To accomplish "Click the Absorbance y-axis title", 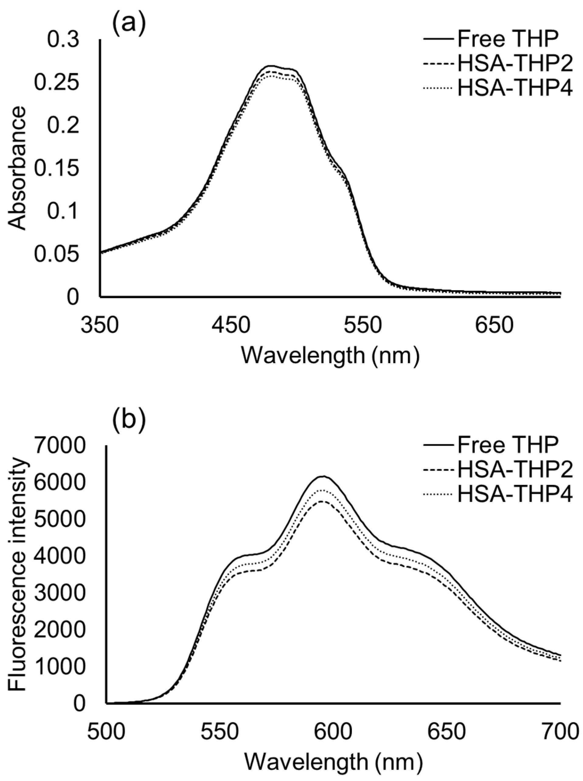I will [17, 168].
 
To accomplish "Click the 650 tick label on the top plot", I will [494, 326].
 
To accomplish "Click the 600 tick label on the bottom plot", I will [333, 733].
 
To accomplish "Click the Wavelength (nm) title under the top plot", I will [330, 356].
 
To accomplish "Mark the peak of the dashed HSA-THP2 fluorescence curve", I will [323, 501].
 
